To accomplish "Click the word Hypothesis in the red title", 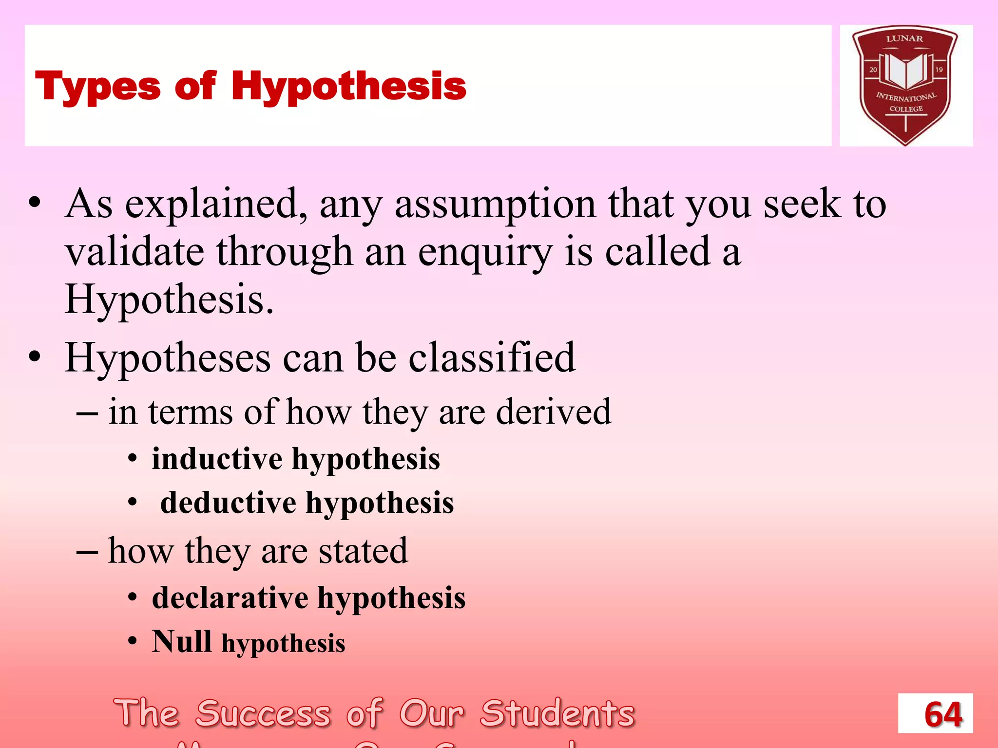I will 348,87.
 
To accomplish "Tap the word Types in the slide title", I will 97,87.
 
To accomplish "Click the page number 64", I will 942,714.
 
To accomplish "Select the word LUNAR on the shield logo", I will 904,38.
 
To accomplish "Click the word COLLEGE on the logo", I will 906,109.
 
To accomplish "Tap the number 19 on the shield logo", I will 939,70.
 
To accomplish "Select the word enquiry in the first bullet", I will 485,252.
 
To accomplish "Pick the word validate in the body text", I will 134,252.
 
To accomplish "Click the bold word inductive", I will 217,459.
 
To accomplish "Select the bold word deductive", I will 228,503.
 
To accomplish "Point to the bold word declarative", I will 230,598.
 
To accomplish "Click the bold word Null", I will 181,641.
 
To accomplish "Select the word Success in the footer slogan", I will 263,714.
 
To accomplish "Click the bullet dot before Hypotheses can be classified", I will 34,357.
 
